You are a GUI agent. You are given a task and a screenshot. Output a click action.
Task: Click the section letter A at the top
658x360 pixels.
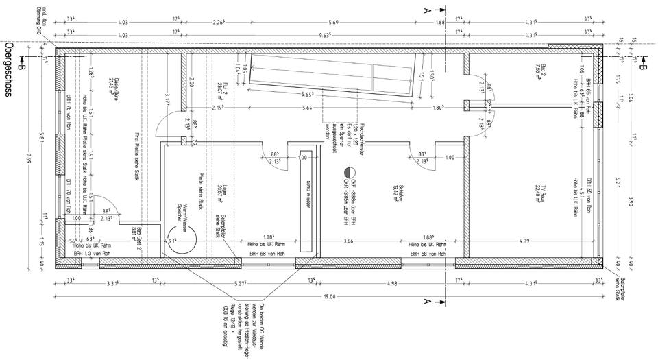click(427, 9)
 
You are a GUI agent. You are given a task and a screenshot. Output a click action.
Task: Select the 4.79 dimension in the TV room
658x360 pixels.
click(525, 241)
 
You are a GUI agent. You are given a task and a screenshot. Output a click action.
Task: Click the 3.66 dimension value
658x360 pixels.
click(348, 241)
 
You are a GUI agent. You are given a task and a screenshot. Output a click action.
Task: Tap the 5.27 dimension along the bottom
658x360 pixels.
click(239, 285)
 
